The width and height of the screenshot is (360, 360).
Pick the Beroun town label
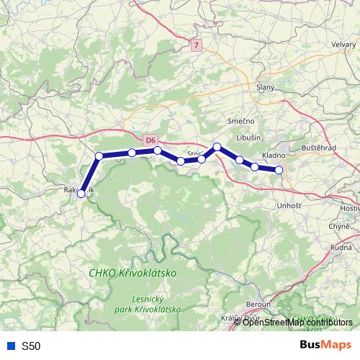point(256,304)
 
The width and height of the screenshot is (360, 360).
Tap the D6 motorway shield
point(150,140)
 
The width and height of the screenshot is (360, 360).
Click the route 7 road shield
point(196,45)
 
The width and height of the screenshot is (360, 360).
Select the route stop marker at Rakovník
point(82,193)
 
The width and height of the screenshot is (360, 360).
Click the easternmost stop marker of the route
point(279,170)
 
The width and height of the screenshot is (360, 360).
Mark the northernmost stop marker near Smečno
point(217,147)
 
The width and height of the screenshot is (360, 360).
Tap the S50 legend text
point(31,346)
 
